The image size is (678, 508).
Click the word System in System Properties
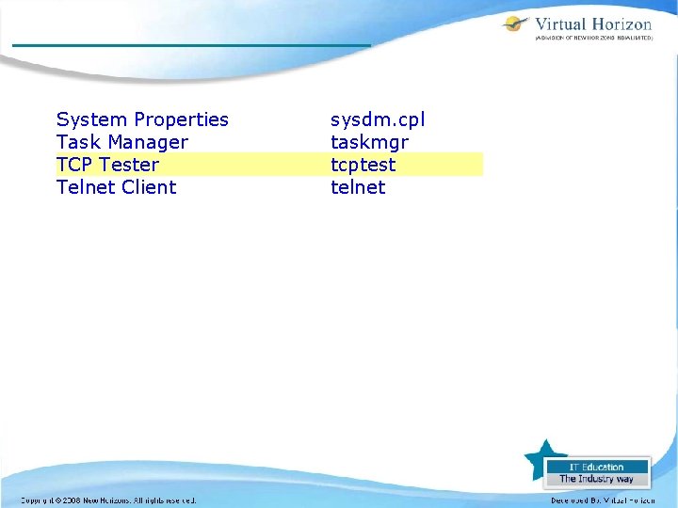coord(92,119)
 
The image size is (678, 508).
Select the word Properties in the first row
coord(181,119)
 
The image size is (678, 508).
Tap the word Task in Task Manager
coord(78,142)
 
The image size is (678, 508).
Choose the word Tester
coord(129,165)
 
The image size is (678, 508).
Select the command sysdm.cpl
coord(378,119)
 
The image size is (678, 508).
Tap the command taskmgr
coord(369,142)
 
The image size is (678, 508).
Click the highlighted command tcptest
coord(363,165)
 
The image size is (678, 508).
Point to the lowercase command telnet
coord(358,187)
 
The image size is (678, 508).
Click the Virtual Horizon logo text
coord(593,24)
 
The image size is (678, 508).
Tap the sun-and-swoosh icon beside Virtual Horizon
coord(516,25)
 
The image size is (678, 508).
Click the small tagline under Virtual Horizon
coord(593,40)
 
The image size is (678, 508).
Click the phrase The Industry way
coord(596,479)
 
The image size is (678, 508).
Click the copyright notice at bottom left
coord(108,500)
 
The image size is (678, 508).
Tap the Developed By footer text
coord(603,500)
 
